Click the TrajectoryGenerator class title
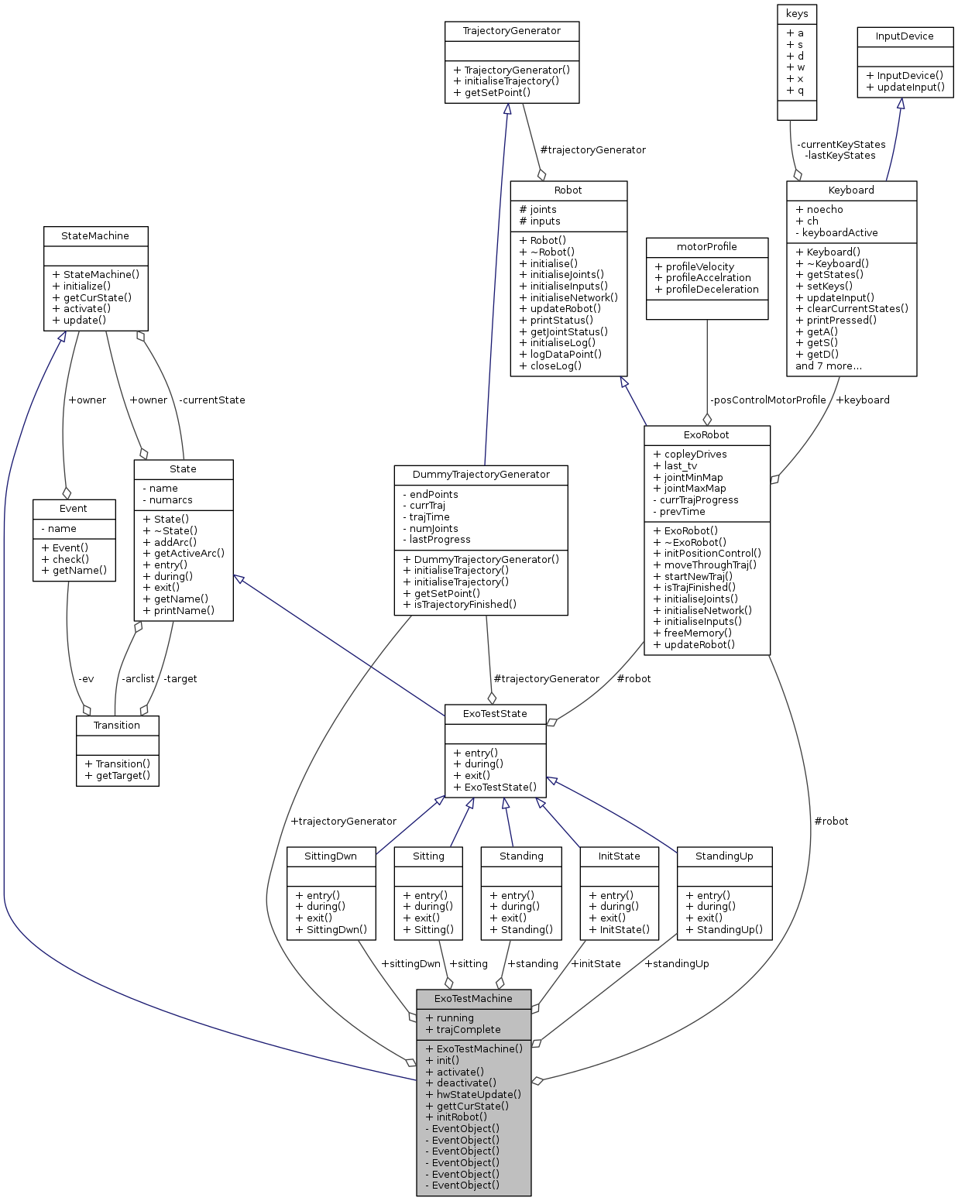pos(511,31)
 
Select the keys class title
pos(796,14)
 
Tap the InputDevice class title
pos(904,36)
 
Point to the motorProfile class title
pos(706,247)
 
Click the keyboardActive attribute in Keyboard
pos(840,233)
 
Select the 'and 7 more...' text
pos(828,366)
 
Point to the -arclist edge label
pos(138,679)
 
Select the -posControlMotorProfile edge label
pos(767,400)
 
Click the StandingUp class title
pos(724,856)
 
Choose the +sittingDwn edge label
pos(410,964)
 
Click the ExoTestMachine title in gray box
pos(473,999)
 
